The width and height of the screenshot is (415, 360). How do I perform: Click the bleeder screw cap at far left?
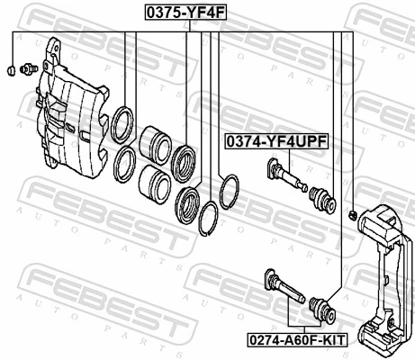click(x=9, y=70)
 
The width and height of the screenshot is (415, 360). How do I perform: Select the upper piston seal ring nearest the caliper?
click(x=122, y=122)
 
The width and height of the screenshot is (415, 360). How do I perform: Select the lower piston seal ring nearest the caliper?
click(x=124, y=164)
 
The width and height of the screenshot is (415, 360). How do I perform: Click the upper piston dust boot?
click(x=187, y=159)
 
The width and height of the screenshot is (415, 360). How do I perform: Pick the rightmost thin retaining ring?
click(x=230, y=191)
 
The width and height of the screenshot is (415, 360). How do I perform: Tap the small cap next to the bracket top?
click(x=354, y=213)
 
